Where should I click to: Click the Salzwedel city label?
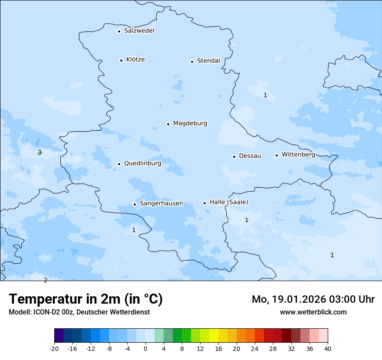[139, 31]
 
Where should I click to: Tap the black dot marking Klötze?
[121, 60]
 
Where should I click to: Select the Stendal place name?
[208, 61]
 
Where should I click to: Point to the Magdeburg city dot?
[168, 124]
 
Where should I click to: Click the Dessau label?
[250, 156]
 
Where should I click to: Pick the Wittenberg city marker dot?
[277, 155]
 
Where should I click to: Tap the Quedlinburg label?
[142, 164]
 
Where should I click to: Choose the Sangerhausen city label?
[161, 203]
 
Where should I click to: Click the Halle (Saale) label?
[229, 202]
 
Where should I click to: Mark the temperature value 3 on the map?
[40, 152]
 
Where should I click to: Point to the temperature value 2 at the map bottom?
[46, 280]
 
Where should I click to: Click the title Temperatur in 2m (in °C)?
[86, 299]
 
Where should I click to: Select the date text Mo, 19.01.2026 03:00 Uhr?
[313, 299]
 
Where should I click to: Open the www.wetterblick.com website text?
[313, 312]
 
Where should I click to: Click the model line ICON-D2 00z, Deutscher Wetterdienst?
[79, 312]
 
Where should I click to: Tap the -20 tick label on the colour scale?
[54, 349]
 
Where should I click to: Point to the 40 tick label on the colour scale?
[328, 349]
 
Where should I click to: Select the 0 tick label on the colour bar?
[145, 349]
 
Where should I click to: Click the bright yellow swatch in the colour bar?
[214, 336]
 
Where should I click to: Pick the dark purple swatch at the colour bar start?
[59, 336]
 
